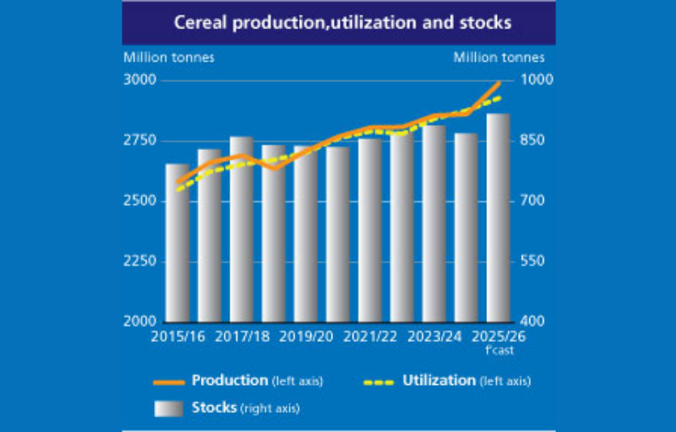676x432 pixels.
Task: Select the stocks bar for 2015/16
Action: [x=178, y=243]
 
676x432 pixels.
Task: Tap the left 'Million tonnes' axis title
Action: [x=169, y=58]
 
